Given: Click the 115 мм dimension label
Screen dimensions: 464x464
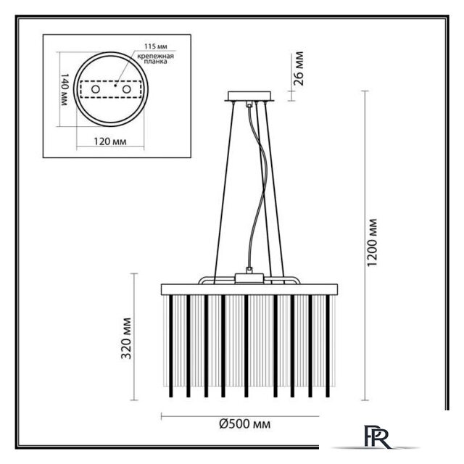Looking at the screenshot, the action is click(x=156, y=46).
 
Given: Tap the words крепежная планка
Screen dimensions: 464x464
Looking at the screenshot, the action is click(x=155, y=59).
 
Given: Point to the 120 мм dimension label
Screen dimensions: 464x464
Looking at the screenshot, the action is click(x=110, y=141).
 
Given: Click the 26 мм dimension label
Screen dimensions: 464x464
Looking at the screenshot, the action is click(x=299, y=69).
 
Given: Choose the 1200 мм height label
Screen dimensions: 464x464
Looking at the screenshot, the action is click(x=372, y=242).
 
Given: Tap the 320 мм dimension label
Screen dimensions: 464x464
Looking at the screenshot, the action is click(x=126, y=339).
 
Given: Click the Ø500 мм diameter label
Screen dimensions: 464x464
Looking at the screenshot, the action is click(x=245, y=423).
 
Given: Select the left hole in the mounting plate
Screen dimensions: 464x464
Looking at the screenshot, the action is click(x=95, y=88).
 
